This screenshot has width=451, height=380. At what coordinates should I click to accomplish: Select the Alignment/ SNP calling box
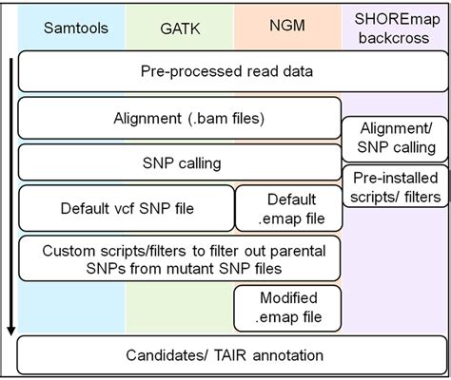click(391, 139)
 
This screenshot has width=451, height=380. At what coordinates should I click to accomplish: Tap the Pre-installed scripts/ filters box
click(391, 187)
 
